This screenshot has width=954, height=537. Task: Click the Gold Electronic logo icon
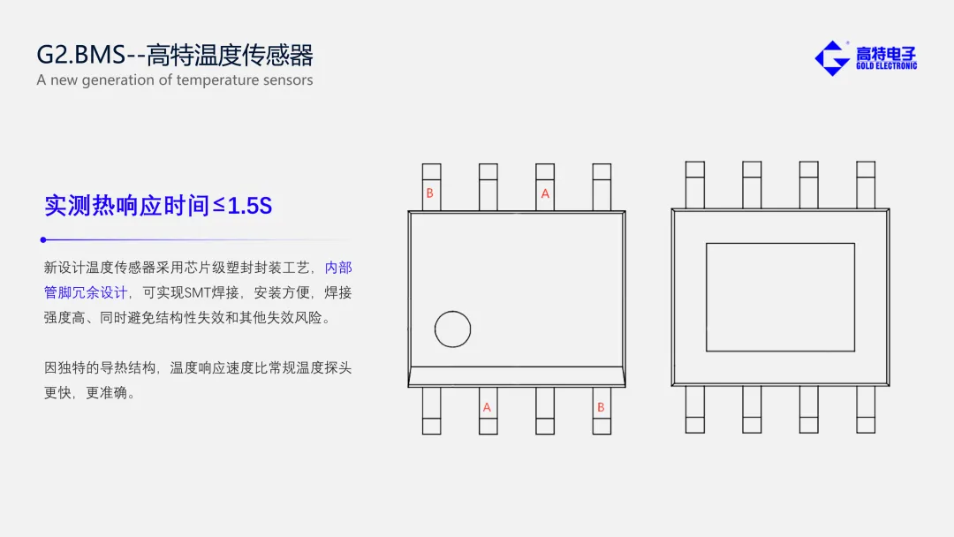tap(832, 58)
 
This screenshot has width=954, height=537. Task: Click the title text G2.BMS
tap(81, 55)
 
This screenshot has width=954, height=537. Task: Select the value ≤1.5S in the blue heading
tap(243, 206)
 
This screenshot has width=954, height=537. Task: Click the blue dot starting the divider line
tap(43, 239)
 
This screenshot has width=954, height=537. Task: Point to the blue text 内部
tap(338, 268)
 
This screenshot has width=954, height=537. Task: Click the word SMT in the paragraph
tap(197, 292)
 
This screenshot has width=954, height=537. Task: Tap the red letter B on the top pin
tap(429, 193)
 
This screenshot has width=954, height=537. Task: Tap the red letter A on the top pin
tap(545, 194)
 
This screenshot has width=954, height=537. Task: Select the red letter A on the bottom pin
tap(487, 407)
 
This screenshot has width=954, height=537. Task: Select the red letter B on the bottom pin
tap(601, 407)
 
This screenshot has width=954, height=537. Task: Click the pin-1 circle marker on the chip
tap(452, 329)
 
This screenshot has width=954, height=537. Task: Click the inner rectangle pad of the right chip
tap(781, 298)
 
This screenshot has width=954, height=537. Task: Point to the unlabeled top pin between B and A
tap(488, 187)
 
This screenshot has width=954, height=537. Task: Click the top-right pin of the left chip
tap(602, 187)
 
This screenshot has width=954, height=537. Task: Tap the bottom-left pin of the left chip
tap(431, 411)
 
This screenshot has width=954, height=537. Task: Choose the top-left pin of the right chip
tap(695, 185)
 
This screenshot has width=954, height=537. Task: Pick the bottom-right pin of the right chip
tap(866, 409)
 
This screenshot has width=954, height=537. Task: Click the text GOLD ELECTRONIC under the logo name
tap(887, 65)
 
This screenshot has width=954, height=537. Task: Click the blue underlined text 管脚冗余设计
tap(86, 292)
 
